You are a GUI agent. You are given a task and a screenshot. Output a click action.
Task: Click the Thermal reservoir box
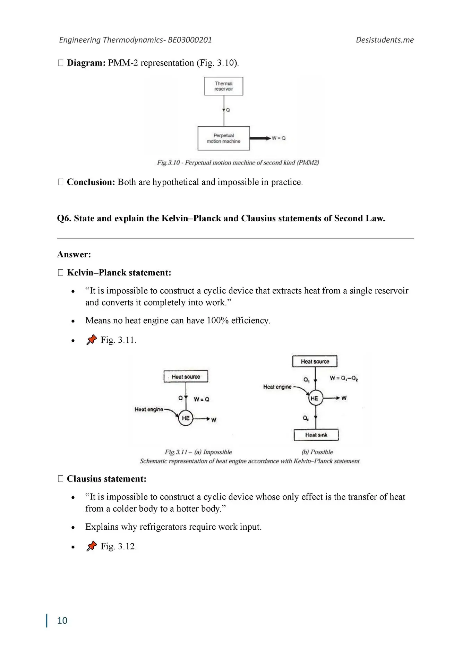[x=223, y=86]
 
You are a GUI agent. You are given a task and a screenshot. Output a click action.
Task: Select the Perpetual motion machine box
[x=223, y=138]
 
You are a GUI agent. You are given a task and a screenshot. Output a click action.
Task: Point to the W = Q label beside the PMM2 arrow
[x=279, y=138]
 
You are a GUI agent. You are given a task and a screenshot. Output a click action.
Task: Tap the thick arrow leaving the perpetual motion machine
[x=260, y=138]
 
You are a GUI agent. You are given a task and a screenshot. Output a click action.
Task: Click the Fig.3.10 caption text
[x=238, y=162]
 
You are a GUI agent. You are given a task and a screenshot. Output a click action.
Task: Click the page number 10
[x=62, y=620]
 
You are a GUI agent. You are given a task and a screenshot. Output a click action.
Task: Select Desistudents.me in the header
[x=385, y=40]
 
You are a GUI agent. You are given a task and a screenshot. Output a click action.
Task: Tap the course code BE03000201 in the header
[x=190, y=40]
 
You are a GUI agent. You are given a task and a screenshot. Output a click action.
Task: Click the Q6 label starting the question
[x=64, y=218]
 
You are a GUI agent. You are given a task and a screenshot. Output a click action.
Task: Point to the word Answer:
[x=74, y=254]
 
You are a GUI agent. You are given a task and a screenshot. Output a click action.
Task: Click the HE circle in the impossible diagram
[x=186, y=418]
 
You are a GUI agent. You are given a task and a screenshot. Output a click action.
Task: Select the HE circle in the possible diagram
[x=315, y=398]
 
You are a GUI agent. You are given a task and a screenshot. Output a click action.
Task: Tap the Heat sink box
[x=316, y=435]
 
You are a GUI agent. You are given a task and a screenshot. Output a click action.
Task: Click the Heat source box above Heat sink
[x=315, y=361]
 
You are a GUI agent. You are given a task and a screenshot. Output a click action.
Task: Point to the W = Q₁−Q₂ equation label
[x=344, y=378]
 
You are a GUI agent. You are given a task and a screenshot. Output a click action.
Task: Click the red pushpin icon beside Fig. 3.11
[x=92, y=340]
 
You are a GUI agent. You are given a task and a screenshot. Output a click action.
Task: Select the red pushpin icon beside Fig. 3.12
[x=92, y=546]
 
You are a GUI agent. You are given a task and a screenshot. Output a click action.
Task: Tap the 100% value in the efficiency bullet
[x=217, y=320]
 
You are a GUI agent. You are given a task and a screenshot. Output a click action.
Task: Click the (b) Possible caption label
[x=317, y=452]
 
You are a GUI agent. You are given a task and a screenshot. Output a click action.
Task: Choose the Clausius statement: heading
[x=106, y=479]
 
